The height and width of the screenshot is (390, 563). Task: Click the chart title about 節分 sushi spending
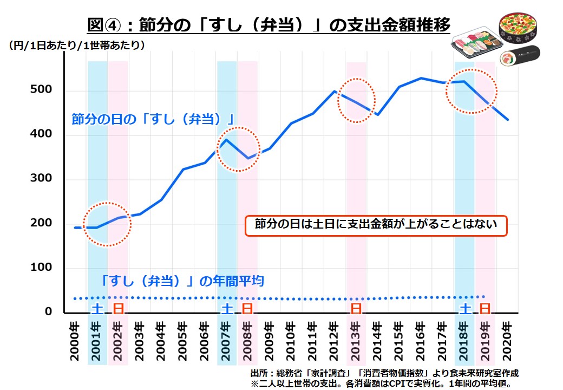pyautogui.click(x=269, y=25)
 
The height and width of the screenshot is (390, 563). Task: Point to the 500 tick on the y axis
pyautogui.click(x=41, y=90)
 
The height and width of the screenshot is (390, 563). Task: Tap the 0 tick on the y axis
pyautogui.click(x=48, y=313)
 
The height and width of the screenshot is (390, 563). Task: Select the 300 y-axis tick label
pyautogui.click(x=41, y=179)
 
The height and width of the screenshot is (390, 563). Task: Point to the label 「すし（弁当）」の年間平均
pyautogui.click(x=182, y=281)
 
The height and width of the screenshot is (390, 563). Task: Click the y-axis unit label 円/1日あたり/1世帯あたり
pyautogui.click(x=76, y=45)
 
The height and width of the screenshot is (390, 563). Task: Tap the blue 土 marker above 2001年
pyautogui.click(x=96, y=309)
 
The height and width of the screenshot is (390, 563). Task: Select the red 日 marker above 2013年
pyautogui.click(x=356, y=309)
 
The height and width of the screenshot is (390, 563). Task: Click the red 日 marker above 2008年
pyautogui.click(x=247, y=309)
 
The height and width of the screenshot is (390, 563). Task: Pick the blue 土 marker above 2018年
pyautogui.click(x=464, y=309)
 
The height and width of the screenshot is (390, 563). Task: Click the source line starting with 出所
pyautogui.click(x=384, y=373)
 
